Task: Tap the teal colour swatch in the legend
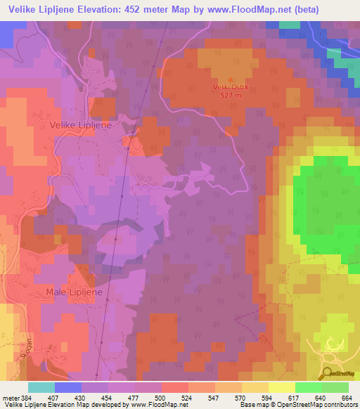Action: (41, 387)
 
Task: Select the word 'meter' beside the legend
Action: (11, 398)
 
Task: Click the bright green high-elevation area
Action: (327, 204)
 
